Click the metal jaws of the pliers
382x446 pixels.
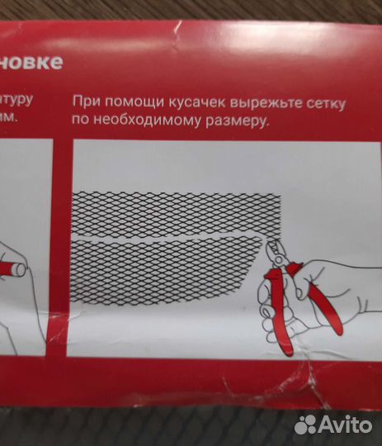(276, 253)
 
